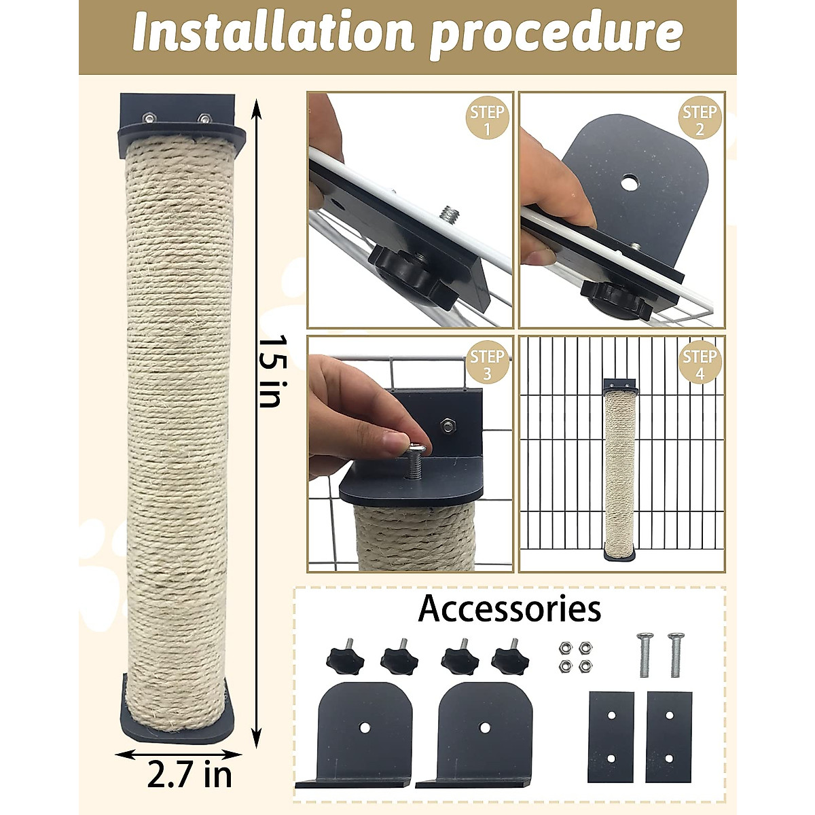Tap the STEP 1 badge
click(x=487, y=120)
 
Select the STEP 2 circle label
click(x=699, y=120)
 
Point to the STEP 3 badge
click(x=487, y=364)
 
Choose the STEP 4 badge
click(x=699, y=364)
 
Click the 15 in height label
click(x=270, y=370)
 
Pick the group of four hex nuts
click(x=573, y=657)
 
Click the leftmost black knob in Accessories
click(x=345, y=657)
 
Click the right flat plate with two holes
click(x=669, y=737)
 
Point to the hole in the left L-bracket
click(x=365, y=727)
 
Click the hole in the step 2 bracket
click(x=630, y=181)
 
